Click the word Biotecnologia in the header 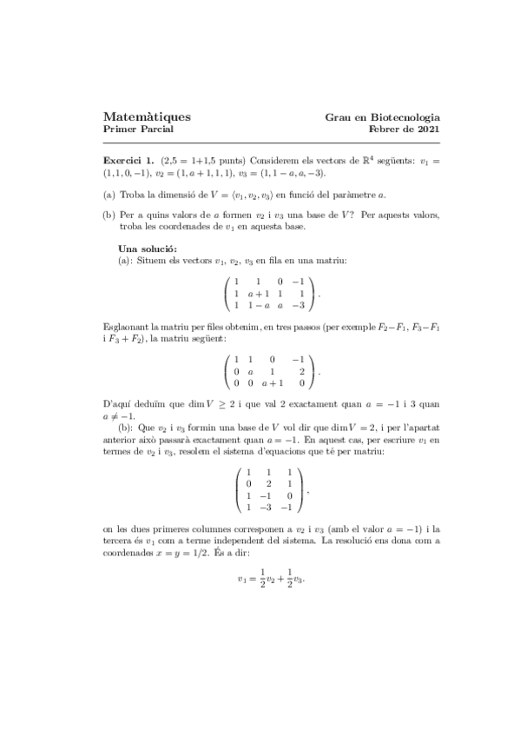(406, 116)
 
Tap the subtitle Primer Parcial (138, 129)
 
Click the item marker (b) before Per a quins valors (109, 213)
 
